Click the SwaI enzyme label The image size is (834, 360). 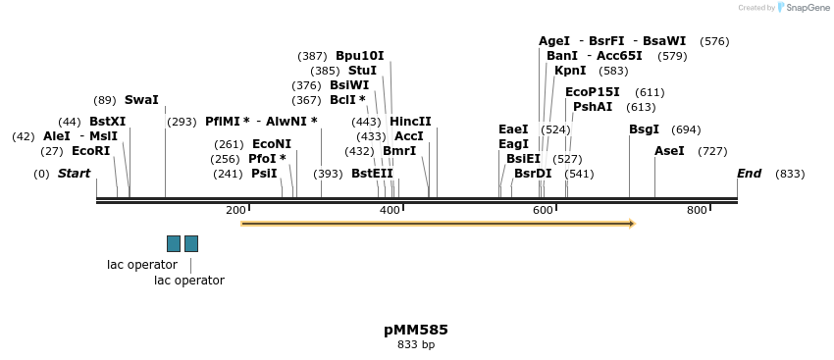141,100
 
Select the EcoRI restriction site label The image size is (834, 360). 90,151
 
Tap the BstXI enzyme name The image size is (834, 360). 107,122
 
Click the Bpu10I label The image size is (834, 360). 359,56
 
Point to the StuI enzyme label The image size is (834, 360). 362,71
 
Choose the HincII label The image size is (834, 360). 410,122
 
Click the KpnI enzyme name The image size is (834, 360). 570,71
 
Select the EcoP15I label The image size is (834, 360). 592,92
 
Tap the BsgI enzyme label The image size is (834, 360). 644,129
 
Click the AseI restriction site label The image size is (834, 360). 669,151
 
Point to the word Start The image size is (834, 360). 74,174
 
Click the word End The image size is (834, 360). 749,174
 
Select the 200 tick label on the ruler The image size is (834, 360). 235,211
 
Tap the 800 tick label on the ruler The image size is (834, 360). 697,211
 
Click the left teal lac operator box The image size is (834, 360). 174,243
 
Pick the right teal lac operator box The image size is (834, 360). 191,243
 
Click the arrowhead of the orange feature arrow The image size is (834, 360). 632,224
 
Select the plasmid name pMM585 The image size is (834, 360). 416,330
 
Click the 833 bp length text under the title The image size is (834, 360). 416,345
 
